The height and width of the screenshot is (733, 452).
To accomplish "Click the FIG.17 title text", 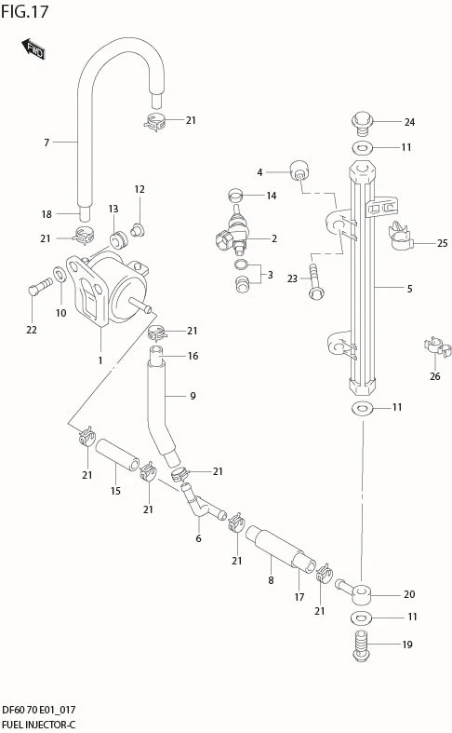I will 25,11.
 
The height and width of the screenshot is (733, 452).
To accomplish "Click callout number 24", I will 408,122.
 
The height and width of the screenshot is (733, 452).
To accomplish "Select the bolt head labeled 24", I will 361,121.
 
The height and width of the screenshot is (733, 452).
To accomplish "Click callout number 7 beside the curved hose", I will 46,143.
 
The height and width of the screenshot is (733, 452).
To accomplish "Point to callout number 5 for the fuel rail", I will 408,289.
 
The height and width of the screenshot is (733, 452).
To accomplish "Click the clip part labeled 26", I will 436,348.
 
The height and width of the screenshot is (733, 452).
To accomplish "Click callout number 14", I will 272,196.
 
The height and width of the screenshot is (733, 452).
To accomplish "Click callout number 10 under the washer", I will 60,313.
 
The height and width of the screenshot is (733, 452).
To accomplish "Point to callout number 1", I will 100,360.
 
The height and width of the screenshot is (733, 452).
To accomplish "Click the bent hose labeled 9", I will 160,405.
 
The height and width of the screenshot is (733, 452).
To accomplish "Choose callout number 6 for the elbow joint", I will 198,538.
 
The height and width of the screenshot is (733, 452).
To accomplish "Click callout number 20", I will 408,594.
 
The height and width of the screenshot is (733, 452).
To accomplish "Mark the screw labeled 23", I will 317,280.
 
